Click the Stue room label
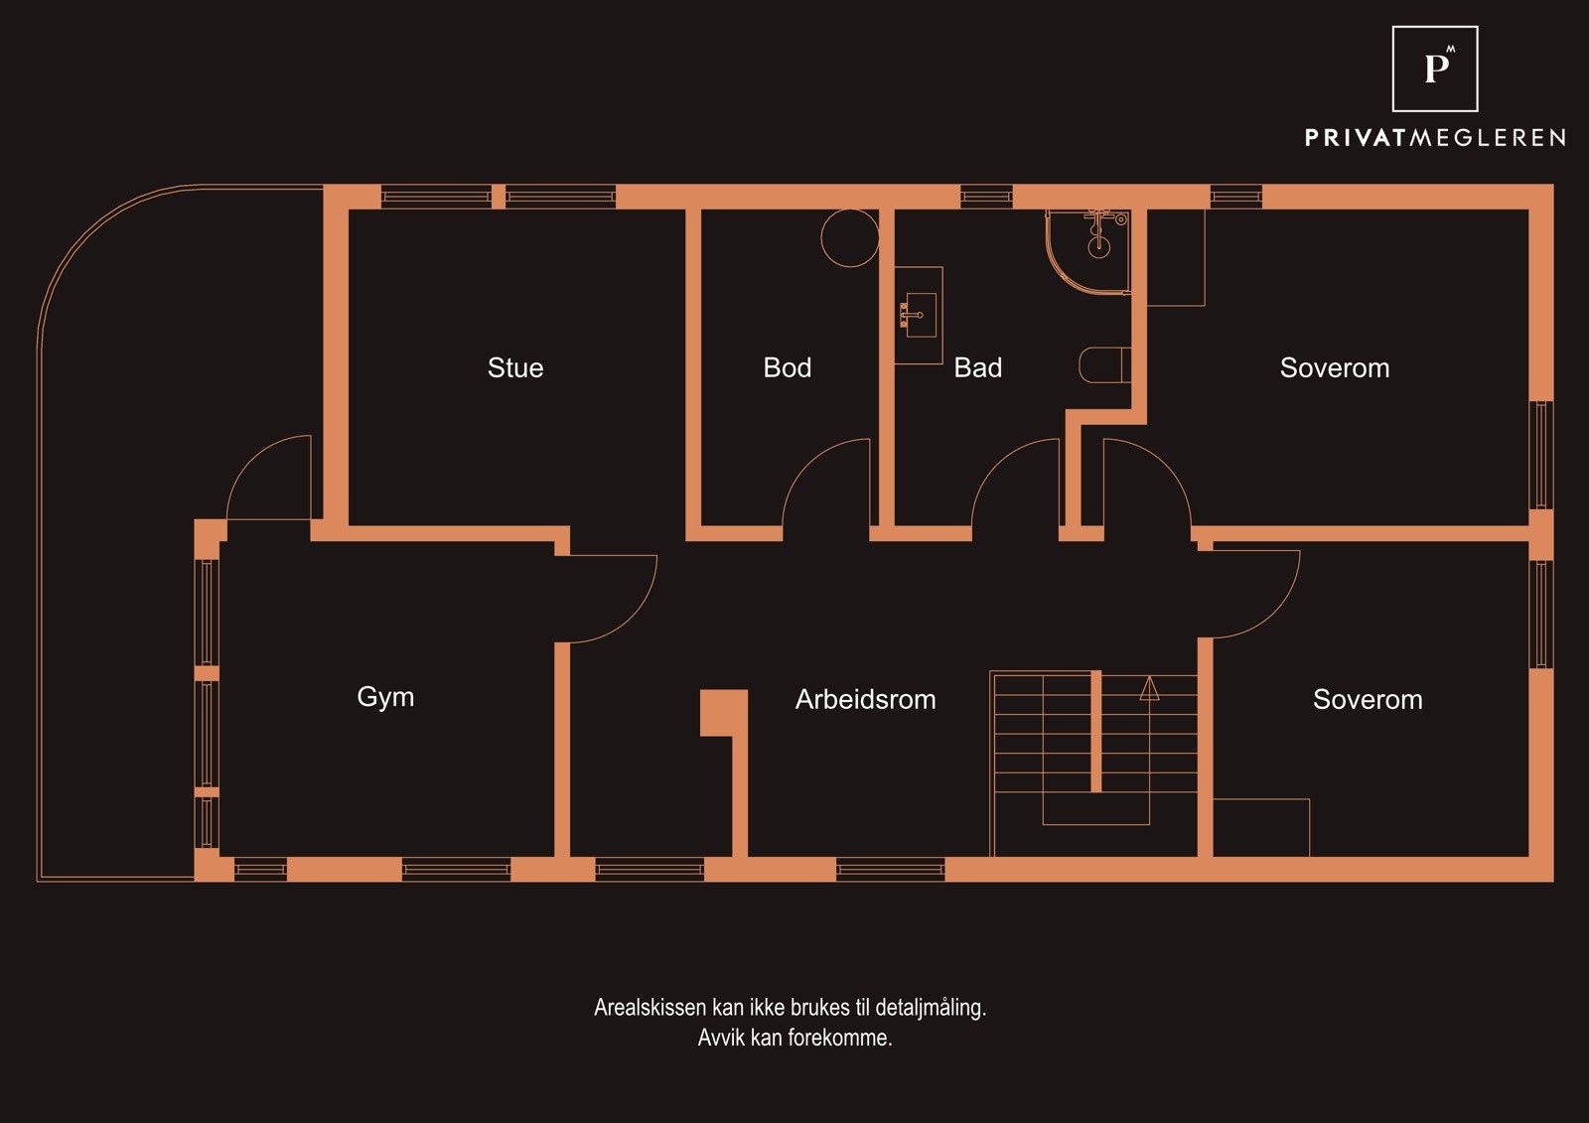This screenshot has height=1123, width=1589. click(x=515, y=367)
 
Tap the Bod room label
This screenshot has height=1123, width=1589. click(x=787, y=367)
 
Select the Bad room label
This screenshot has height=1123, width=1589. click(x=977, y=367)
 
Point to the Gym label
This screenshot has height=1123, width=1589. click(x=385, y=697)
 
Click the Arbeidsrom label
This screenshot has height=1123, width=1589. click(x=865, y=699)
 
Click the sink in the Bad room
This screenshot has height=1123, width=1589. click(x=920, y=315)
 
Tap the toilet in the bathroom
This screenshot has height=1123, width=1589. click(x=1104, y=364)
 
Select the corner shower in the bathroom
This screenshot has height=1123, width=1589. click(x=1087, y=251)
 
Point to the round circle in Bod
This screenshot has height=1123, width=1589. click(x=850, y=237)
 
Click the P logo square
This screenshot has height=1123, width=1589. click(x=1435, y=69)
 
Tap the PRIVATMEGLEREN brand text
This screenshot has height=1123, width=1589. click(x=1435, y=138)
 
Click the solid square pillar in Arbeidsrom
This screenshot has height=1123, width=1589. click(x=724, y=712)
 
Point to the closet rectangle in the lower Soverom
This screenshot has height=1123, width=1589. click(x=1261, y=828)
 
